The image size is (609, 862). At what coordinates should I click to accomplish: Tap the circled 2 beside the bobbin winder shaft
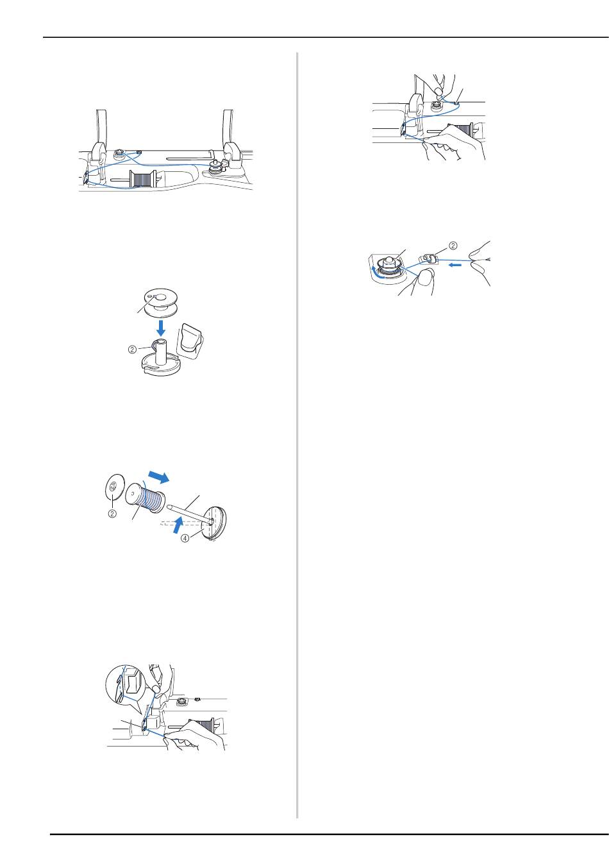coord(132,350)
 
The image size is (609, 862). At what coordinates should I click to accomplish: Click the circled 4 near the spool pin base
coord(185,538)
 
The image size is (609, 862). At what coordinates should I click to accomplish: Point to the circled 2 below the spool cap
coord(112,513)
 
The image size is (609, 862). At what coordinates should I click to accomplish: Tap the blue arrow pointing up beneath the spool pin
coord(176,525)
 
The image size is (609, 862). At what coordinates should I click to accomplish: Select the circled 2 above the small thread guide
coord(454,246)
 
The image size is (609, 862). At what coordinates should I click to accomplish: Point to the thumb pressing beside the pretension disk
coord(425,278)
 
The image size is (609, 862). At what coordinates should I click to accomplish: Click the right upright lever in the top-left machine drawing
coord(233,143)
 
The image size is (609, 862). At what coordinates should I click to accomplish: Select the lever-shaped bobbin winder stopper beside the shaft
coord(192,341)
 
